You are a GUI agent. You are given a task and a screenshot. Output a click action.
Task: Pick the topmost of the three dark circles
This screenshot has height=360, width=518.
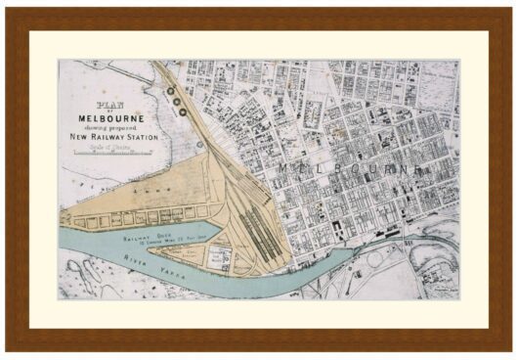pyautogui.click(x=169, y=89)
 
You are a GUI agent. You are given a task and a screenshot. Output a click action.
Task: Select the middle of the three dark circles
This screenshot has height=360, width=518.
pyautogui.click(x=175, y=98)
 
